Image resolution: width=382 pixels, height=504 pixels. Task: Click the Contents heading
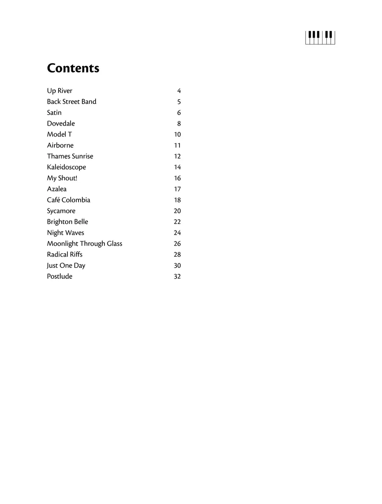73,68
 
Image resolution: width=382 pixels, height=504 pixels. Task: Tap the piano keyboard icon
320,37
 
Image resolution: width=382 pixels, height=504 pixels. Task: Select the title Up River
59,91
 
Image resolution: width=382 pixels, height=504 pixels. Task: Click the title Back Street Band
71,102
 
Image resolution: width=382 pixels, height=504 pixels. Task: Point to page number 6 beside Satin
179,113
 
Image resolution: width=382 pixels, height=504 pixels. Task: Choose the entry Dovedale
61,123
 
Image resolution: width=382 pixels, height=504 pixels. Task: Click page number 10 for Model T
177,134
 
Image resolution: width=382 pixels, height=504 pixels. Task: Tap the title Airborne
60,146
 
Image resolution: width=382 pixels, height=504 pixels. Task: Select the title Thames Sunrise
70,157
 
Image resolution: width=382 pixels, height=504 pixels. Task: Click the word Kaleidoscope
66,167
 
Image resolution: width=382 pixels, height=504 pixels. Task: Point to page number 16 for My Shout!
177,178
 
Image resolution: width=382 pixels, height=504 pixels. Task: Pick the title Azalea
56,189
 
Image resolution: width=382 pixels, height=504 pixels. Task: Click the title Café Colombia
68,200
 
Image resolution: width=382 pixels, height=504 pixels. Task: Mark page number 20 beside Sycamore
177,211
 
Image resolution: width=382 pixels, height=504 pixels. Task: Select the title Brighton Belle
67,222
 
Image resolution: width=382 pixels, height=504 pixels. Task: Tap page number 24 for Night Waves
177,233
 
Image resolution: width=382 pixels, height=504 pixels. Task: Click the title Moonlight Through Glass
84,244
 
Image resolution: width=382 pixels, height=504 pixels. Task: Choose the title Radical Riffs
65,255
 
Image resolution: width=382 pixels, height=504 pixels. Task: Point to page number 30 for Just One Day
177,266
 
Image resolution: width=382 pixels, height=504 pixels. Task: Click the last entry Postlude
59,277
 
